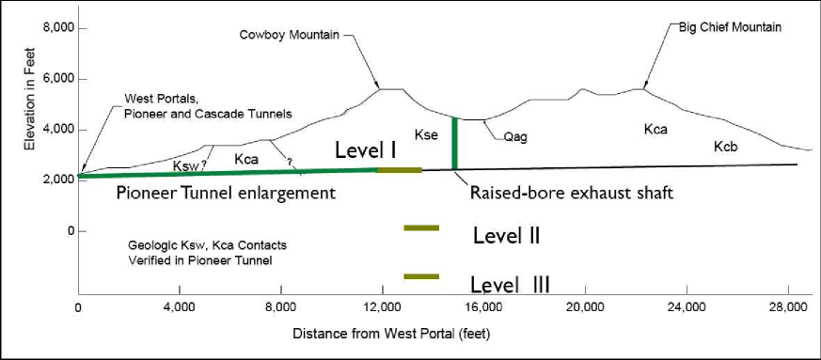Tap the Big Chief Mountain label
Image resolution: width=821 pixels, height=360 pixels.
pos(730,27)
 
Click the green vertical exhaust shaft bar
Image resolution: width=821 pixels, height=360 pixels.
pos(455,143)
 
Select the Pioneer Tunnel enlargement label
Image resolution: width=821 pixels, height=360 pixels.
pos(226,194)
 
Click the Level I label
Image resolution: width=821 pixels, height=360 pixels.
pos(365,149)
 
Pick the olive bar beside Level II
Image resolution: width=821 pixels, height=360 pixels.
pos(421,228)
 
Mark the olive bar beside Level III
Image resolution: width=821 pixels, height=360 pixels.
pos(421,276)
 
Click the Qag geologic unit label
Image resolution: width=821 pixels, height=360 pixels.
pos(515,136)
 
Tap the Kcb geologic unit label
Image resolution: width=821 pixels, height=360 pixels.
pos(726,147)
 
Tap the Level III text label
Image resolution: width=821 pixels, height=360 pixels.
pos(512,282)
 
